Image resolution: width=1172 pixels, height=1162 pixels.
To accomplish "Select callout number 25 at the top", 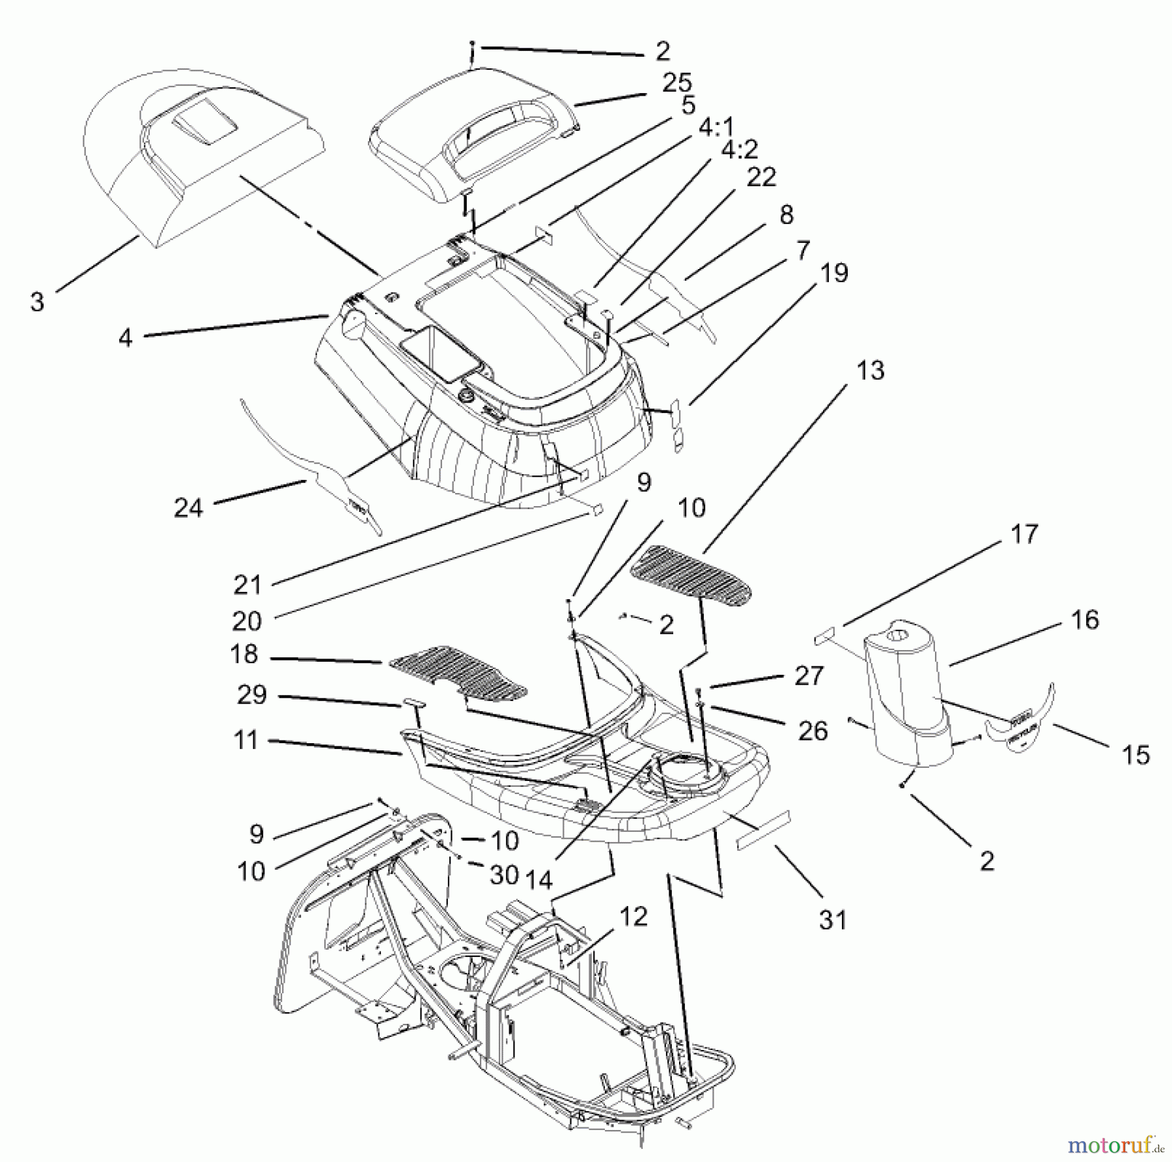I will click(677, 83).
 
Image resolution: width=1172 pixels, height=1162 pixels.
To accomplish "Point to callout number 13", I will click(871, 371).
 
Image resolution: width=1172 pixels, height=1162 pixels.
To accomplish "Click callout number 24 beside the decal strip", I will click(188, 507).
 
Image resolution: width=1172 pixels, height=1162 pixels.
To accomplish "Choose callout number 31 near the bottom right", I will click(833, 920).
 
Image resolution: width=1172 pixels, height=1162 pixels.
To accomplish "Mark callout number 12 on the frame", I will click(634, 916).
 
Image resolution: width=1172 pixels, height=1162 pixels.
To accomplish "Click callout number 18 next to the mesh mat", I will click(244, 654).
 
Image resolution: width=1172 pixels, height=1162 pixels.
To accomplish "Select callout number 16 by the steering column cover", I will click(1085, 619).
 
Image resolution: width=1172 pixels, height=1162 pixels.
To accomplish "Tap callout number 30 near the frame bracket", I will click(503, 875).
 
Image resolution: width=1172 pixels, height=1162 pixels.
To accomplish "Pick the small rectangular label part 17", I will click(823, 636).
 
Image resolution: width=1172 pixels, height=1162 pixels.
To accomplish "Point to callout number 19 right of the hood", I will click(834, 273).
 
